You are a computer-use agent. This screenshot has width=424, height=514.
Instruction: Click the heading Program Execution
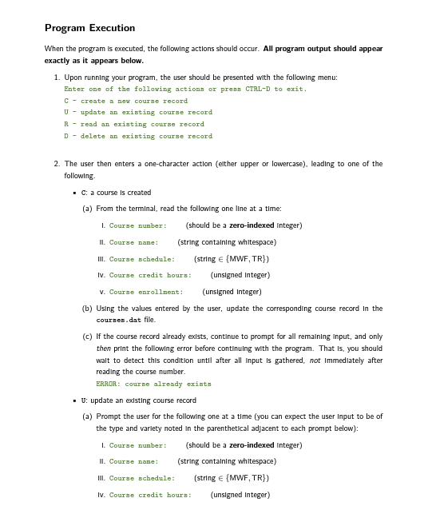(89, 29)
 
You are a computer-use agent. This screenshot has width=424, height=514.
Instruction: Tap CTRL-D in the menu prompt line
(245, 89)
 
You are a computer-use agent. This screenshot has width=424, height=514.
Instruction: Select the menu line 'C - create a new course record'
(125, 101)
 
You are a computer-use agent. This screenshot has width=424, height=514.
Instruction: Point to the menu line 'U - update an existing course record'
(137, 113)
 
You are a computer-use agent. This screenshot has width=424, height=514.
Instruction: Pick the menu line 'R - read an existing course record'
(133, 124)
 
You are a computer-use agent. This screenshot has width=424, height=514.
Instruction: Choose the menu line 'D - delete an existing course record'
(137, 136)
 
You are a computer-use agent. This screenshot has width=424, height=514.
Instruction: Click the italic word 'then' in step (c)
(103, 349)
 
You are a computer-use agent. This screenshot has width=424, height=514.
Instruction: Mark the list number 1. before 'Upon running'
(57, 77)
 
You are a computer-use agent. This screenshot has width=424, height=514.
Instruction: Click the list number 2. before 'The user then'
(57, 164)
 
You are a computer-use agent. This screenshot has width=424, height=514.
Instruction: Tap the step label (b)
(87, 309)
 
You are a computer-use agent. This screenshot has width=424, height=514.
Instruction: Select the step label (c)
(87, 337)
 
